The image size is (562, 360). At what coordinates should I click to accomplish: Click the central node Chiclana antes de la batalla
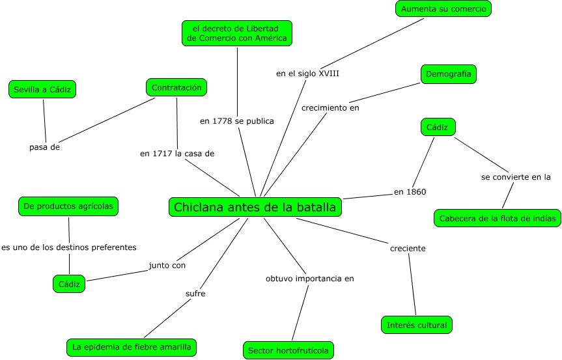click(255, 207)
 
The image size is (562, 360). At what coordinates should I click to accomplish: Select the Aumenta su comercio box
click(443, 8)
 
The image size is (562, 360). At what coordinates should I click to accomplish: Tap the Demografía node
click(448, 74)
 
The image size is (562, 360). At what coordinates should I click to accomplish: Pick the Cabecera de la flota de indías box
click(497, 218)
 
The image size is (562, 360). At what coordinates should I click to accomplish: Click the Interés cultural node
click(417, 324)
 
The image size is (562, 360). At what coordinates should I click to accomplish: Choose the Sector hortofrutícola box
click(289, 350)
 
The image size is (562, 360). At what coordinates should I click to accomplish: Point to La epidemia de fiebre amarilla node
click(132, 347)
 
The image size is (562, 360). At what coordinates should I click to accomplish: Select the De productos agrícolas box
click(68, 206)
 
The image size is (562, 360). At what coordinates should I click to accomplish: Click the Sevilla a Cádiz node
click(42, 89)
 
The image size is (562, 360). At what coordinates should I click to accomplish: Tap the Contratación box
click(176, 87)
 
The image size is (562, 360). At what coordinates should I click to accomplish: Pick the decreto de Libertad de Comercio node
click(236, 33)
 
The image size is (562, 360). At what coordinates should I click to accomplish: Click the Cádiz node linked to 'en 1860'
click(438, 127)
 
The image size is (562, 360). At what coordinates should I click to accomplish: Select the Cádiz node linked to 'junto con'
click(68, 284)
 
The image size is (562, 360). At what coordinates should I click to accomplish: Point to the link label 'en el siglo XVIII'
click(307, 74)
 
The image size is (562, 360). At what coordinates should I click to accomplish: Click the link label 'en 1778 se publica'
click(237, 120)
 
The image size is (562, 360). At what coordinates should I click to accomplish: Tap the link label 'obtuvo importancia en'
click(309, 279)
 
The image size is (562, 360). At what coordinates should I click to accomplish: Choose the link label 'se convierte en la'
click(516, 176)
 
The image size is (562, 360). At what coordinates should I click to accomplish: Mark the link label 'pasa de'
click(45, 146)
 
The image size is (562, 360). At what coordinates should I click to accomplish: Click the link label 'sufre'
click(195, 294)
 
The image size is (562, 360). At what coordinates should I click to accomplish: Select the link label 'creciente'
click(408, 248)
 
